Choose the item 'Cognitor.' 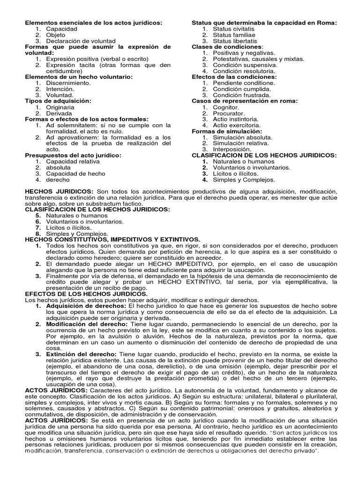(226, 107)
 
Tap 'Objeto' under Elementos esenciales (56, 35)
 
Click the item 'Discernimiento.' (68, 83)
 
